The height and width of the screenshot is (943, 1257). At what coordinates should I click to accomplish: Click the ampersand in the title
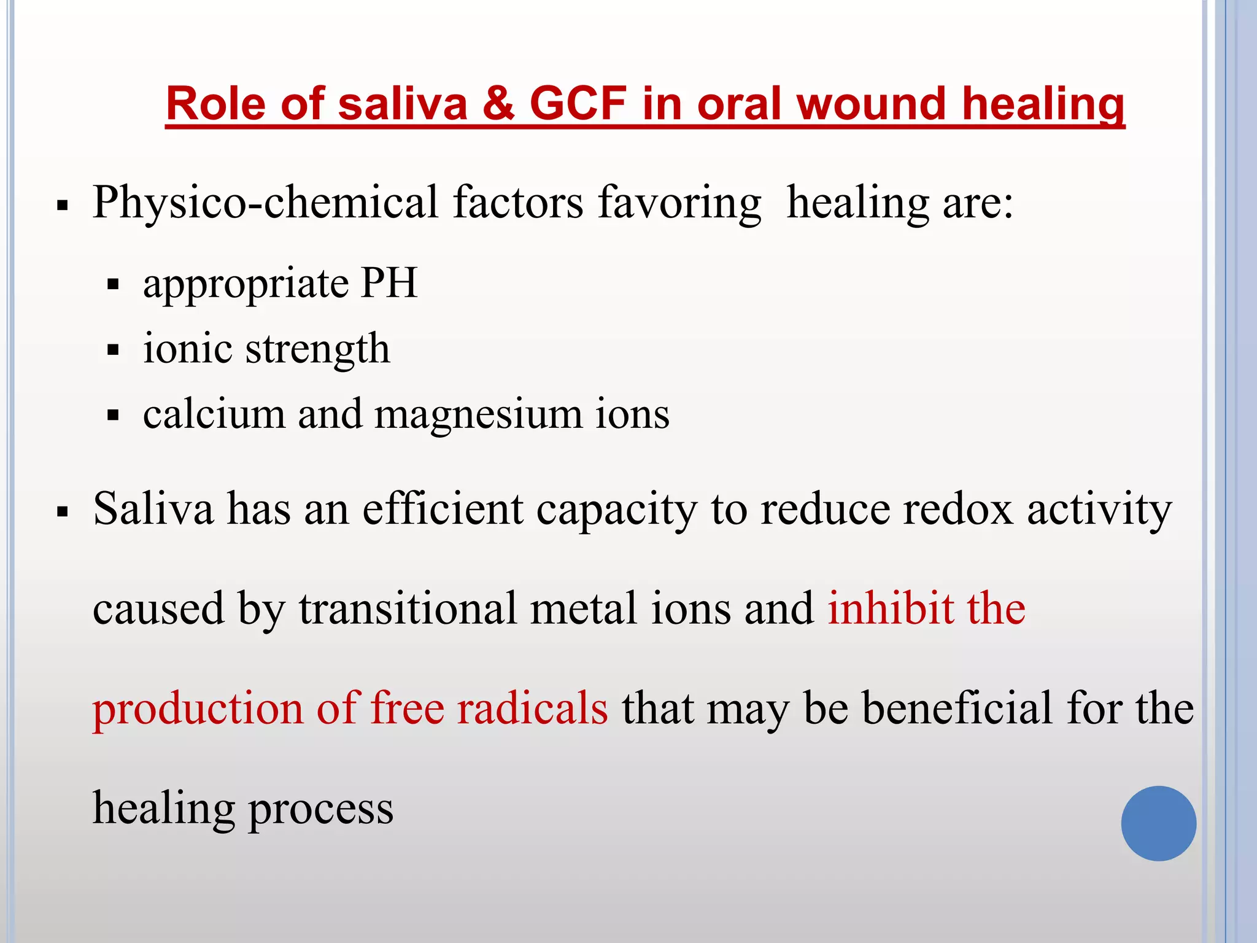tap(498, 103)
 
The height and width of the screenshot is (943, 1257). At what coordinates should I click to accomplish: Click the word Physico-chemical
tap(266, 203)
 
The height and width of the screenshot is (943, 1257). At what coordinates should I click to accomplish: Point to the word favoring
tap(679, 203)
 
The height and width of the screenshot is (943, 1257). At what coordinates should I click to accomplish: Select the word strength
tap(317, 349)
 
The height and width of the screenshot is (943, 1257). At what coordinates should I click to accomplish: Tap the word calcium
tap(214, 414)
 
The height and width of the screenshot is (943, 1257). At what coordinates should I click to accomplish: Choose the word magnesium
tap(478, 415)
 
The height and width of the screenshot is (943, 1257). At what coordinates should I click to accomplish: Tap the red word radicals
tap(532, 708)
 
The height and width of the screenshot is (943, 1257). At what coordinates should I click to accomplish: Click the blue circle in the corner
tap(1158, 823)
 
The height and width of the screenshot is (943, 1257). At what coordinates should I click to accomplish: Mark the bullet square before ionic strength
tap(112, 351)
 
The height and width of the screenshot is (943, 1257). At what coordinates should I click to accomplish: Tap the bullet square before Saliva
tap(62, 511)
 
